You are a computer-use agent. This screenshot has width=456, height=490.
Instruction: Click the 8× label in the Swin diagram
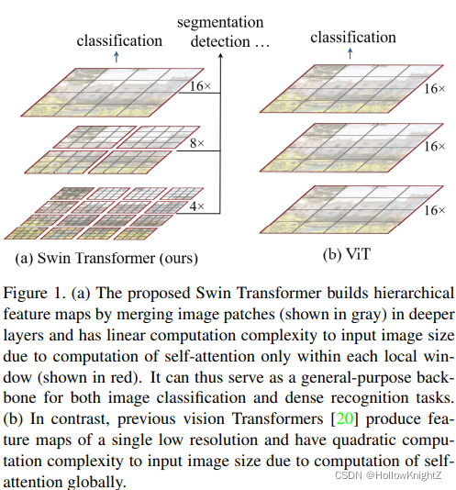(197, 143)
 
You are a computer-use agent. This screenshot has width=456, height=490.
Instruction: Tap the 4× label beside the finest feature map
(197, 206)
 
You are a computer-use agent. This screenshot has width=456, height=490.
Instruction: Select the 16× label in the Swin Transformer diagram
(201, 86)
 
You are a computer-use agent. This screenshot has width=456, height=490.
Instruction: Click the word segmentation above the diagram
(220, 23)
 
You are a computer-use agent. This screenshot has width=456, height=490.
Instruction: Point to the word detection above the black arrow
(220, 41)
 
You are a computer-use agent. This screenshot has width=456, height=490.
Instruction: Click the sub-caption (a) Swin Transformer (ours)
(106, 259)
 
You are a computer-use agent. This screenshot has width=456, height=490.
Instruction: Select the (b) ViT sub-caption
(347, 254)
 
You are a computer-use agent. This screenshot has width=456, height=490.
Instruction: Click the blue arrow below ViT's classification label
(350, 53)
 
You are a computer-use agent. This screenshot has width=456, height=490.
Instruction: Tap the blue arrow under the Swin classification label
(117, 57)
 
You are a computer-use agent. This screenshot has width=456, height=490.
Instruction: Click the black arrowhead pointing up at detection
(220, 56)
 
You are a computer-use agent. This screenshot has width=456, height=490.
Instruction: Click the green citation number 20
(344, 418)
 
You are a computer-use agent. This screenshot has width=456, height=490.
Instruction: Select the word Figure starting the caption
(26, 294)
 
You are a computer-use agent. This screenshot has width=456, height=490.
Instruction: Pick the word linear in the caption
(126, 335)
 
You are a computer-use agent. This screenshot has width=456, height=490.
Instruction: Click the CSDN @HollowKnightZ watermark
(388, 475)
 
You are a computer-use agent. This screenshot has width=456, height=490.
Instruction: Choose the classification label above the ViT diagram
(353, 38)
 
